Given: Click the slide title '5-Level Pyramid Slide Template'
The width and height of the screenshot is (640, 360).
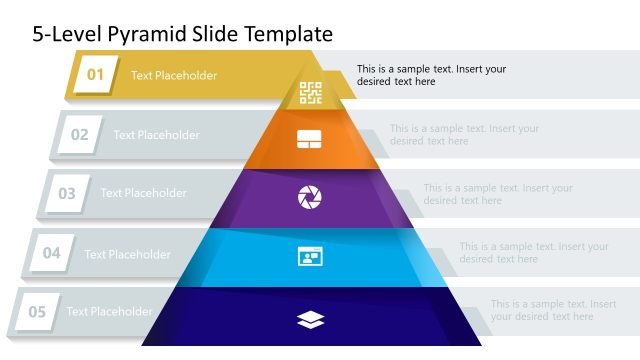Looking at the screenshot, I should click(x=182, y=33).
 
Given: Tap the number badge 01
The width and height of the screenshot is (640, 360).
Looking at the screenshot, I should click(x=96, y=75).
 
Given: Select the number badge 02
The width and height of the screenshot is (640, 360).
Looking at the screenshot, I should click(x=79, y=135).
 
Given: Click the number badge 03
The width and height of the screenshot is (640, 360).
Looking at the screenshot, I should click(x=66, y=194).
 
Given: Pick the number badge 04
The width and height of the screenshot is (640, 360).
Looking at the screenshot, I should click(x=51, y=254).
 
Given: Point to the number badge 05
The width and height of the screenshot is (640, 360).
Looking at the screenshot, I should click(x=37, y=312).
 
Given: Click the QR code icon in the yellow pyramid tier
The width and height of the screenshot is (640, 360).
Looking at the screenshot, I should click(x=311, y=93).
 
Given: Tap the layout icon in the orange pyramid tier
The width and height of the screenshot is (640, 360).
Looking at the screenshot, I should click(x=309, y=139).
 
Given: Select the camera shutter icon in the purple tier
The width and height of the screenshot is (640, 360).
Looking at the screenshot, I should click(x=310, y=197).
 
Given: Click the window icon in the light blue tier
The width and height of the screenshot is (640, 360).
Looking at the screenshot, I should click(x=310, y=256).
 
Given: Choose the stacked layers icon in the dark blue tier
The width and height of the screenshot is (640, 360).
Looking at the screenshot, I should click(x=310, y=319).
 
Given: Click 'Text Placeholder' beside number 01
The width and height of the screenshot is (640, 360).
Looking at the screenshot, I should click(x=174, y=75).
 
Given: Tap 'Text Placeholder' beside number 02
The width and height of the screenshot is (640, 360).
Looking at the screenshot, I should click(x=156, y=135).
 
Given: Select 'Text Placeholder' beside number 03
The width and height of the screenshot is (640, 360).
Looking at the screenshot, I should click(x=143, y=193).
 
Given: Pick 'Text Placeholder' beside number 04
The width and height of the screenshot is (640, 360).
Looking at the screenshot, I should click(x=127, y=254).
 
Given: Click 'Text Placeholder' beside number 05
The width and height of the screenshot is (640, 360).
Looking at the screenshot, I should click(x=109, y=312).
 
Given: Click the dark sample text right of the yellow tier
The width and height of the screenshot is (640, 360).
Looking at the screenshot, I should click(x=431, y=75).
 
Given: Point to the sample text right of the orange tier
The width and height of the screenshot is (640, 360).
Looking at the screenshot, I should click(x=464, y=135).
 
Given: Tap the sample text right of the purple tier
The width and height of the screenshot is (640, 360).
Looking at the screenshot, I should click(x=497, y=194).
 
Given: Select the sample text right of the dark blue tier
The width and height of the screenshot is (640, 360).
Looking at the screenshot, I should click(x=553, y=310).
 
